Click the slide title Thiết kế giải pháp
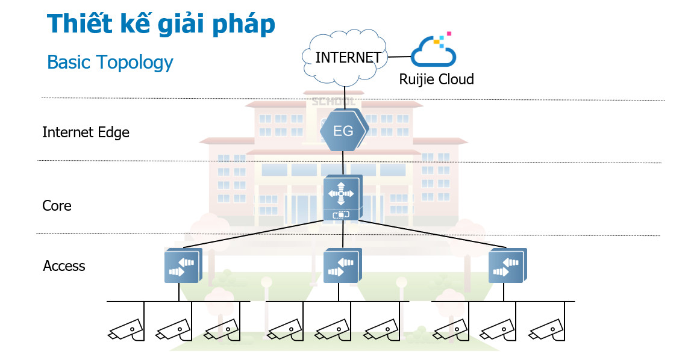(161, 24)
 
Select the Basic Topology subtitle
(110, 62)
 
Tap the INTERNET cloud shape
(344, 57)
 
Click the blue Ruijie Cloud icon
(434, 51)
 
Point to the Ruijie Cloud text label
(436, 79)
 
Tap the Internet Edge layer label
(86, 132)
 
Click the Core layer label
(57, 206)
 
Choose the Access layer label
(64, 266)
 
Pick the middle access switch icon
(342, 266)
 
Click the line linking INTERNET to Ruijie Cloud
(399, 57)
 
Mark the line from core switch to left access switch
(253, 234)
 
